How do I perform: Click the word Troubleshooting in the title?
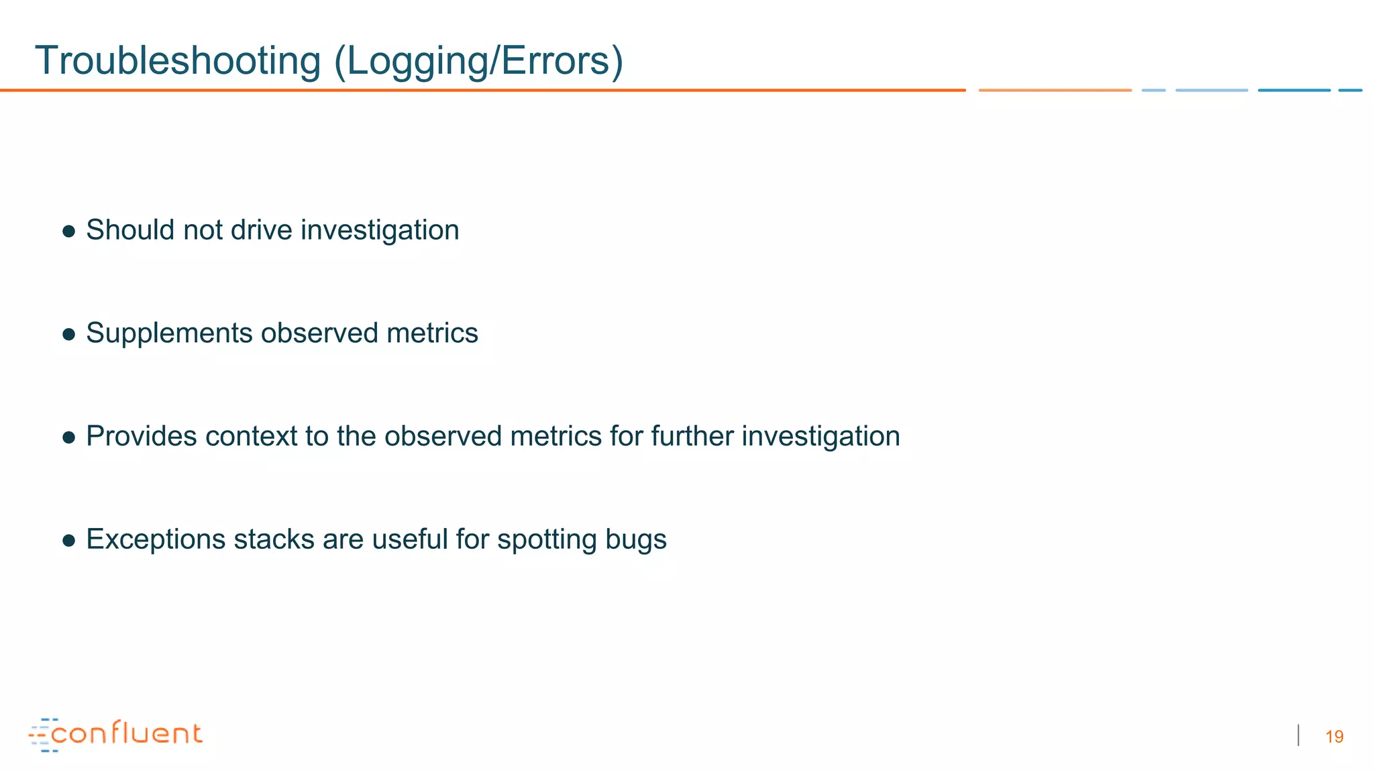click(178, 61)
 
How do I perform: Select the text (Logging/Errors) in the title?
click(478, 61)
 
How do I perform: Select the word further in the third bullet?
click(692, 436)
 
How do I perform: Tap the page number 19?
click(1334, 737)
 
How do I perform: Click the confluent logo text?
click(126, 733)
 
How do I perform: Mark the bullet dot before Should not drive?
click(68, 231)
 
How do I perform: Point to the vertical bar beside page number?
click(1299, 735)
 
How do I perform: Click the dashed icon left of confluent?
click(42, 735)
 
